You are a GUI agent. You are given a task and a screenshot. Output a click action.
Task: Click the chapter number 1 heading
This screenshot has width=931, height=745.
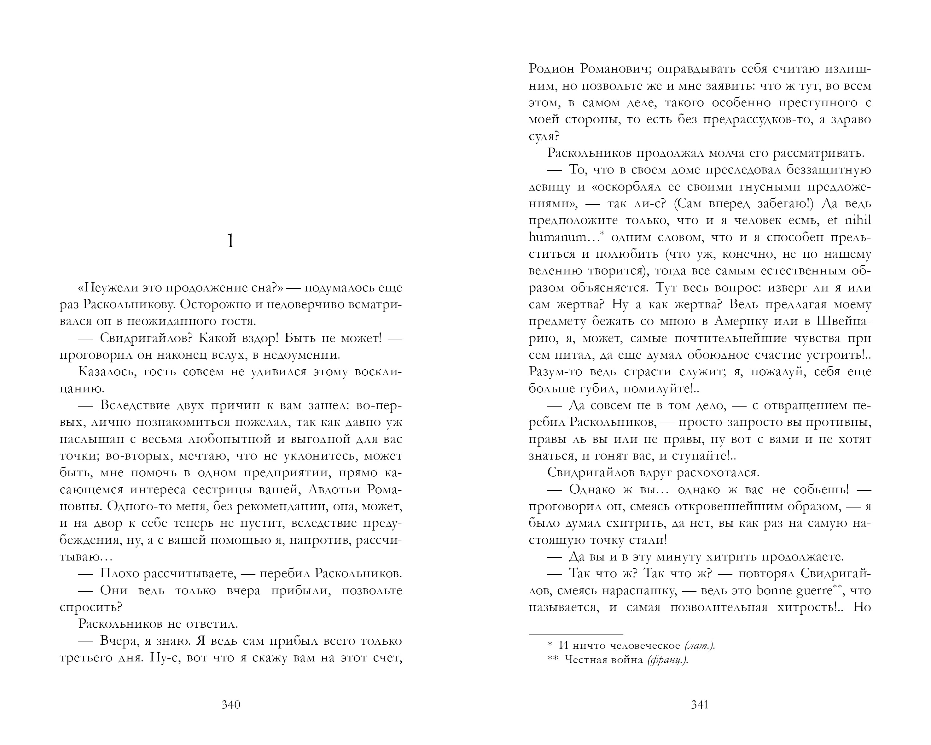[230, 241]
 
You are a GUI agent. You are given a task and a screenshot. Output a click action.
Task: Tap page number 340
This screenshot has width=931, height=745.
[230, 705]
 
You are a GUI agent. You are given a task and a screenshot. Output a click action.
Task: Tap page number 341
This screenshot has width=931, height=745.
[700, 705]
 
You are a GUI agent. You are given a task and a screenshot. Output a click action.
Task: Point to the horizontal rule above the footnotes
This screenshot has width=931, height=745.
[576, 634]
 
